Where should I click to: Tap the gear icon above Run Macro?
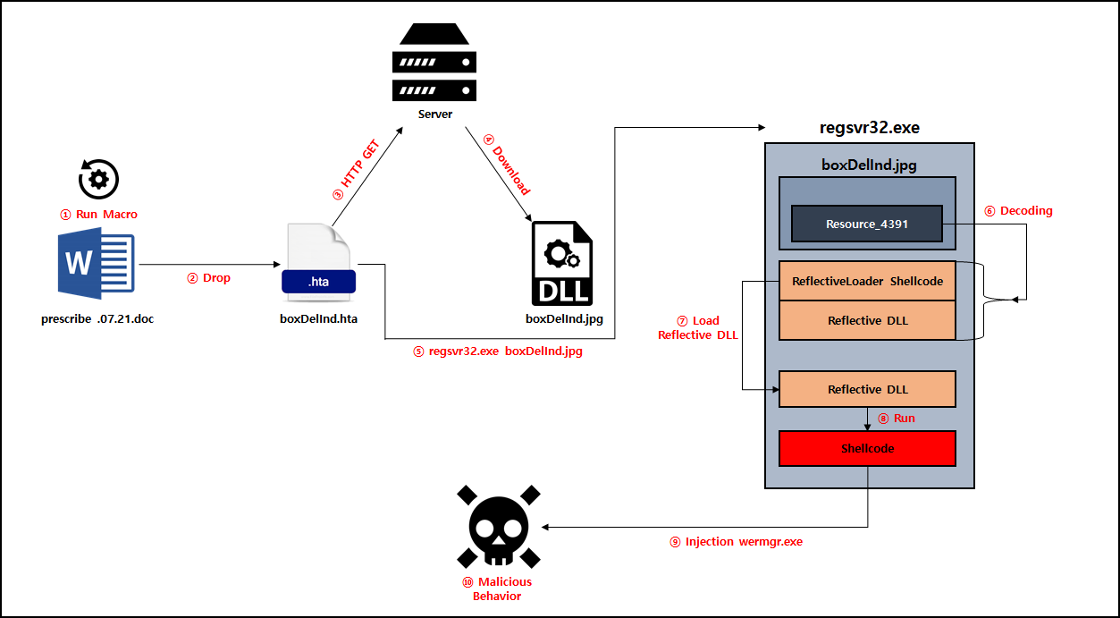click(98, 178)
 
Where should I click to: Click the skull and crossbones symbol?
click(497, 528)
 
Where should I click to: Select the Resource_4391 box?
click(867, 224)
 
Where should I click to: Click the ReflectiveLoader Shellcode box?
click(867, 281)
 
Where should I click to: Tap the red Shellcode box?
click(867, 448)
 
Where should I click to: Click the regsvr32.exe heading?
click(869, 128)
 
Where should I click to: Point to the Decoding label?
click(1018, 211)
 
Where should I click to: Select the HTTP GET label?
click(357, 170)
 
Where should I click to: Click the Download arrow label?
click(508, 165)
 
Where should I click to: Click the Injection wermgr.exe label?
click(737, 541)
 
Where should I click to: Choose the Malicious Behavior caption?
click(496, 588)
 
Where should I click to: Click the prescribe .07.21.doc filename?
click(97, 319)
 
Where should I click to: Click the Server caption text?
click(435, 114)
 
